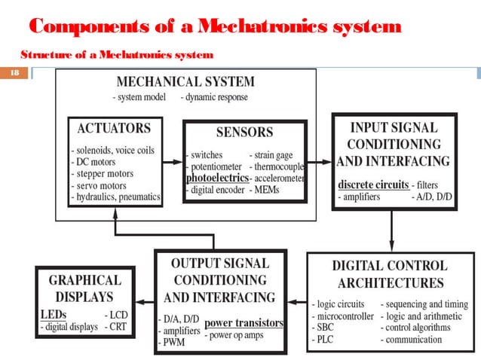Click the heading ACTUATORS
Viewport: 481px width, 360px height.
115,128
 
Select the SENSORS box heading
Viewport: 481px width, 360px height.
244,133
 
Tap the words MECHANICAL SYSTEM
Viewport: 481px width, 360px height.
185,81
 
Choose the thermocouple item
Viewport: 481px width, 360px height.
278,167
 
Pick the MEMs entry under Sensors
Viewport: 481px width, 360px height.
271,191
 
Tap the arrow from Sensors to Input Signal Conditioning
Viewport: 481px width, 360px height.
320,162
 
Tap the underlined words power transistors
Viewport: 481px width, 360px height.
244,323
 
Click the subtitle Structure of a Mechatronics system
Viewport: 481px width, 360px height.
117,54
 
